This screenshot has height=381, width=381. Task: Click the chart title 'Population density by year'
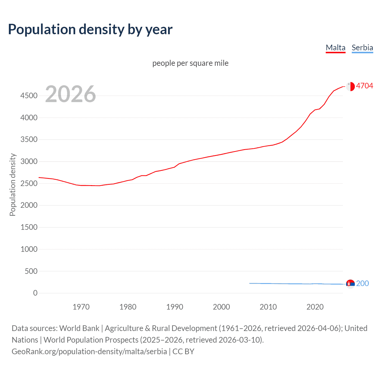coord(90,29)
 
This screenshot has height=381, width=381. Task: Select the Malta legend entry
coord(335,48)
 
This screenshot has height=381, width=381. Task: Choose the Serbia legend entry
coord(362,48)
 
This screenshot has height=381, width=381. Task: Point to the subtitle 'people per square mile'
coord(190,63)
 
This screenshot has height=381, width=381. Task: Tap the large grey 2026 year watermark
coord(71,94)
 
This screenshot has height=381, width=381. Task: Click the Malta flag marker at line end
coord(350,86)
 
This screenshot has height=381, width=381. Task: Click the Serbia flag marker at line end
coord(350,284)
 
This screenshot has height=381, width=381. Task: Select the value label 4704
coord(364,86)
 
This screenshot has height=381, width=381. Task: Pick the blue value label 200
coord(362,283)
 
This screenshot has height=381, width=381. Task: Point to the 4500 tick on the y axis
coord(29,96)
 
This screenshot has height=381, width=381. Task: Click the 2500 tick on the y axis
coord(29,183)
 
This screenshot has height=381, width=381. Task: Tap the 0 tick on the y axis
coord(35,293)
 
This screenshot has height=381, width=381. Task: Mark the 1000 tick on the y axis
coord(29,249)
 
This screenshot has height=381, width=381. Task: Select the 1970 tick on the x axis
coord(81,307)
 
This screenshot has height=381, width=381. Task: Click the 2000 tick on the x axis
coord(221,307)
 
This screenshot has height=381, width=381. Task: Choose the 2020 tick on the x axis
coord(315,307)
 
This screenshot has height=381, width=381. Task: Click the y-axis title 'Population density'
coord(13,185)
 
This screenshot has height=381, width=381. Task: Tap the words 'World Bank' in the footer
coord(79,328)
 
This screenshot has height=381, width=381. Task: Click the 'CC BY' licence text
coord(183,352)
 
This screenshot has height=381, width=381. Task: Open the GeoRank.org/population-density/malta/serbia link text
coord(89,352)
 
